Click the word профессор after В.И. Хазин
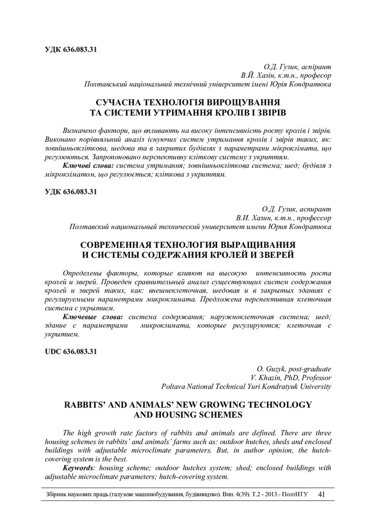(x=311, y=218)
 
